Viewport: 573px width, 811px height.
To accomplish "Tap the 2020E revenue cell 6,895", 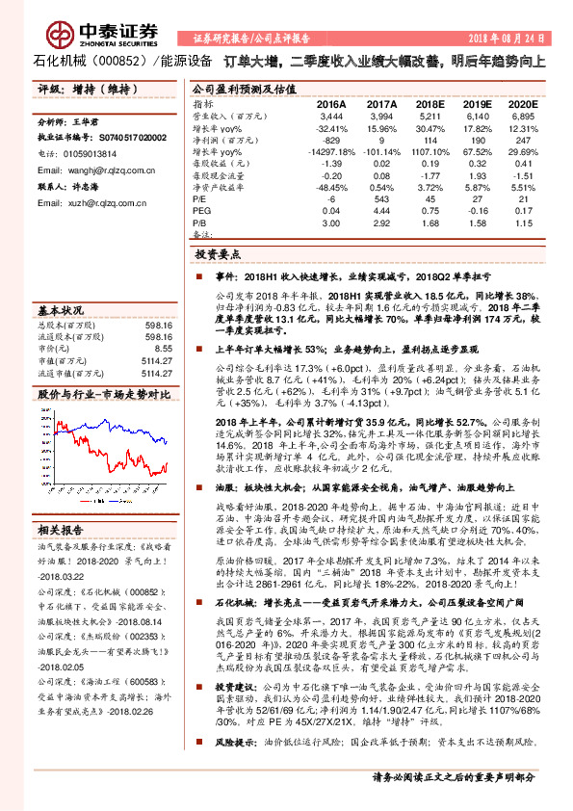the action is tap(521, 116).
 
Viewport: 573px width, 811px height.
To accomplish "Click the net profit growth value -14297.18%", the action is tap(323, 152).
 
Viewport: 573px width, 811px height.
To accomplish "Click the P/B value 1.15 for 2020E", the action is tap(521, 222).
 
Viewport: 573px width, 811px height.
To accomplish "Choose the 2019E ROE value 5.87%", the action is tap(473, 188).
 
